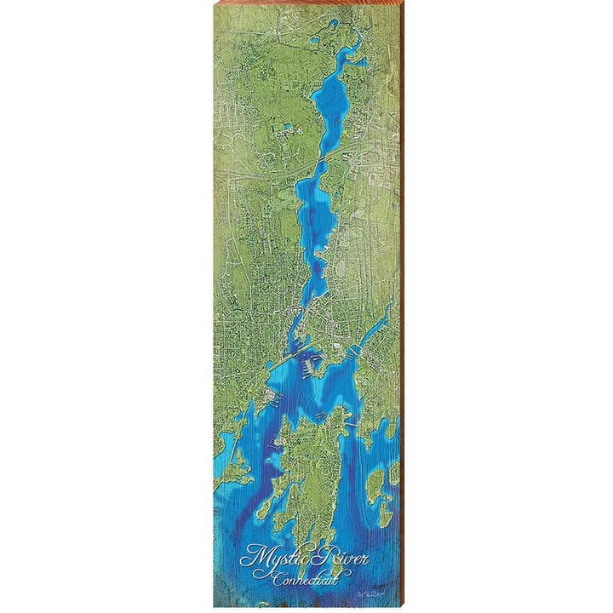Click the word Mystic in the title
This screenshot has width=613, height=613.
[x=266, y=559]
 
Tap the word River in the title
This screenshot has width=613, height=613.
[x=317, y=557]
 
